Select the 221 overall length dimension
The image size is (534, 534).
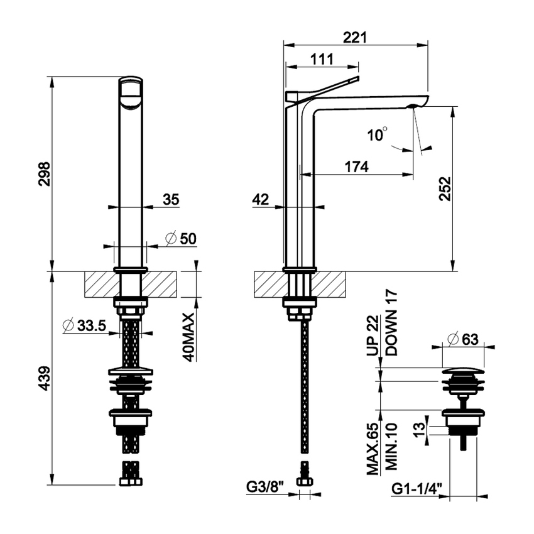(356, 38)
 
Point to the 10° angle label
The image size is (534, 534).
(378, 134)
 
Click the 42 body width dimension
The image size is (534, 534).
(261, 200)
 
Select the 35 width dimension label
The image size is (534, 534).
(171, 200)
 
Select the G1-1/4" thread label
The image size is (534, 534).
(416, 487)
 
